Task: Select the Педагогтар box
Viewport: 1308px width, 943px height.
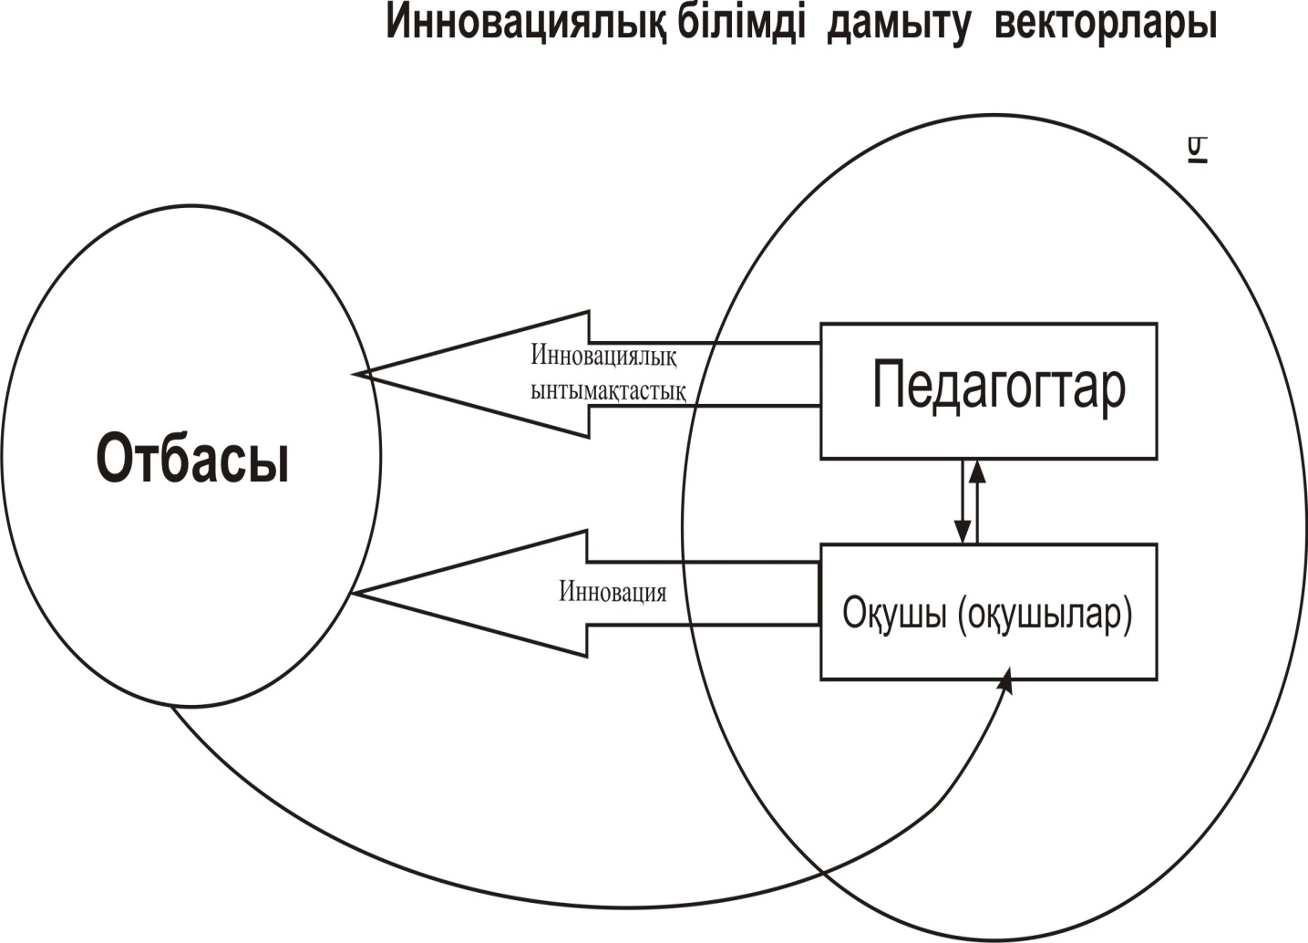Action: click(x=988, y=390)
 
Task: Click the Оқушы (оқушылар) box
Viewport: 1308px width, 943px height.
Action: click(x=988, y=612)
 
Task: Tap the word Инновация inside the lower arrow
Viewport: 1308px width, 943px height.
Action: click(x=613, y=593)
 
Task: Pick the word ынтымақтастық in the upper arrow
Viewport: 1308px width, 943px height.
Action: click(x=608, y=391)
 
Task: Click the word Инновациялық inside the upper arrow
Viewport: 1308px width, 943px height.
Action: click(x=603, y=355)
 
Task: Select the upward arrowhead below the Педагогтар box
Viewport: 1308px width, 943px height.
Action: click(x=977, y=471)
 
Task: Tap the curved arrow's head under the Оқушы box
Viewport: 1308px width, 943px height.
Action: click(x=1006, y=680)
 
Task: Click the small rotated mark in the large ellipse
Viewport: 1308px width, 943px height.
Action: click(x=1197, y=150)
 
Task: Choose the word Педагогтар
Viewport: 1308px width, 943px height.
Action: click(x=999, y=388)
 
